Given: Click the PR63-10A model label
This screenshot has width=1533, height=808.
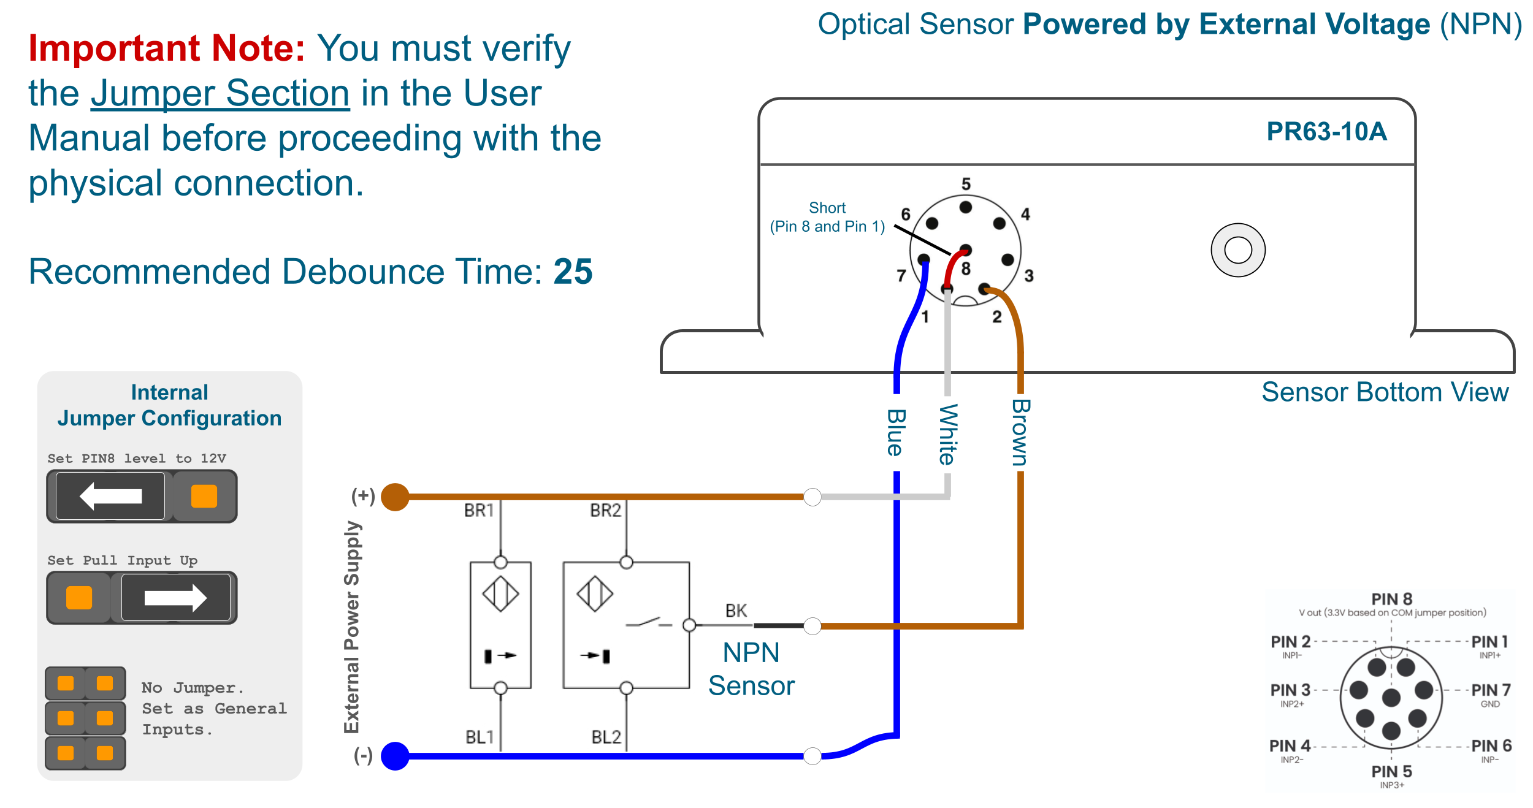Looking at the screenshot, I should tap(1326, 132).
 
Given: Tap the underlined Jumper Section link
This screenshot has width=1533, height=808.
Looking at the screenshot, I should tap(220, 94).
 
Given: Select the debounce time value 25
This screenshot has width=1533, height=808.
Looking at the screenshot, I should tap(573, 272).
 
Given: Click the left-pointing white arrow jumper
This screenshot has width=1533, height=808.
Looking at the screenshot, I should tap(111, 496).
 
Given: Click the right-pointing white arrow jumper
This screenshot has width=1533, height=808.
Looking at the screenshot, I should tap(175, 598).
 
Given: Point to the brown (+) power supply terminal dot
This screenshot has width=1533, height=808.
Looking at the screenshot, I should tap(396, 497).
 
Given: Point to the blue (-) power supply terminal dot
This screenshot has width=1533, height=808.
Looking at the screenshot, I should tap(396, 756).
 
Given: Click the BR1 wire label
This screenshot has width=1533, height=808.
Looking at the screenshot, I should tap(479, 511).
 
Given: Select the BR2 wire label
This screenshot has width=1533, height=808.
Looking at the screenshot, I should tap(605, 511).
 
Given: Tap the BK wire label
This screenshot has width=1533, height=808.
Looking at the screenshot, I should tap(736, 611).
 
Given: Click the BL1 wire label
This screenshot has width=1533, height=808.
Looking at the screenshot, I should tap(480, 737).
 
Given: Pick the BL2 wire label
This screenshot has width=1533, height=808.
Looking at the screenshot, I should tap(606, 737).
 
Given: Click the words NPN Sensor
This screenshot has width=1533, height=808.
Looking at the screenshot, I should tap(751, 669).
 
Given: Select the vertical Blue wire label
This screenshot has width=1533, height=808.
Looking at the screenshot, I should tap(896, 433).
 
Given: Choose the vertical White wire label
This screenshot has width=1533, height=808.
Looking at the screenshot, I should tap(948, 434).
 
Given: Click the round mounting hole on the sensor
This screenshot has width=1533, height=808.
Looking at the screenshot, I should tap(1237, 250).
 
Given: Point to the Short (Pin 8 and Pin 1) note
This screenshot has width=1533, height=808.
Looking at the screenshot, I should tap(827, 217).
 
